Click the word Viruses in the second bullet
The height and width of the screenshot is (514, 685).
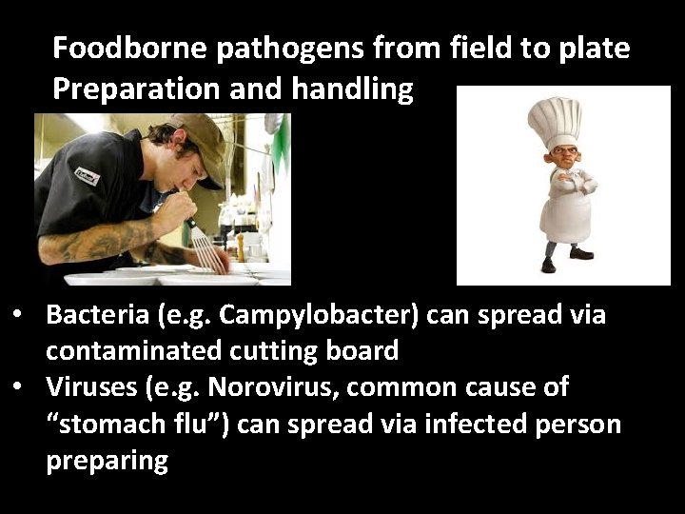(88, 387)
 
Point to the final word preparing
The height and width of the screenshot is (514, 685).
(107, 461)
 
